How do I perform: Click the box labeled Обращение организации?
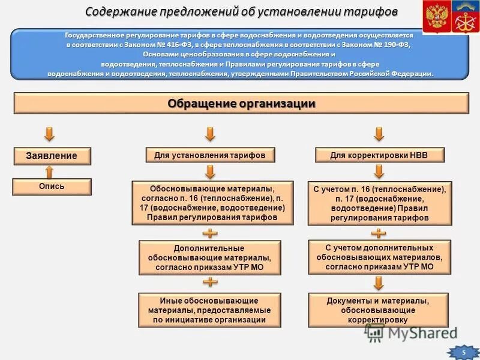[241, 103]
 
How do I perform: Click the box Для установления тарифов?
[209, 155]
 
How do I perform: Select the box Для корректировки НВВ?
[379, 155]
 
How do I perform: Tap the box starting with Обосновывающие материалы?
[212, 203]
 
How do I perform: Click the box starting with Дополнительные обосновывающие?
[209, 257]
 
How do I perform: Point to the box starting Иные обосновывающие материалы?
[209, 310]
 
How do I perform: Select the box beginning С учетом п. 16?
[379, 203]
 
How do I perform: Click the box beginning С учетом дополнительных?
[379, 257]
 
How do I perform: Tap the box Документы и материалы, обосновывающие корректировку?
[379, 310]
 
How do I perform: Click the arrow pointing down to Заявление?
[50, 133]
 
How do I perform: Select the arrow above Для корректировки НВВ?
[379, 133]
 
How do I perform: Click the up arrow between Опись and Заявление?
[50, 172]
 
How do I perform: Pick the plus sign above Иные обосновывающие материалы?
[210, 282]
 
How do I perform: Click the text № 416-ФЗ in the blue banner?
[192, 44]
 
